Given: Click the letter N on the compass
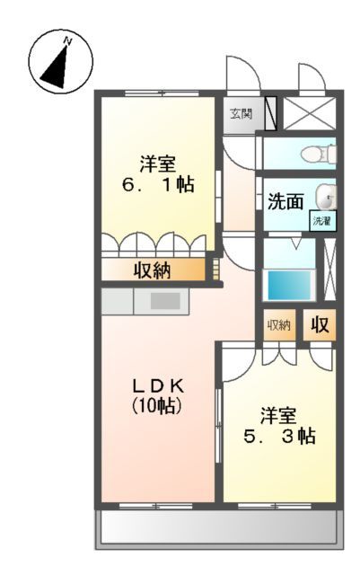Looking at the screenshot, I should pyautogui.click(x=67, y=40).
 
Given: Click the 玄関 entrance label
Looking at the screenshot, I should pyautogui.click(x=240, y=114).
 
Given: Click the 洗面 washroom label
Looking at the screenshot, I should pyautogui.click(x=286, y=201).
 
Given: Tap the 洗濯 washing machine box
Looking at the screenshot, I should pyautogui.click(x=320, y=220).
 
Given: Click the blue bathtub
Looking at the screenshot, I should pyautogui.click(x=288, y=285).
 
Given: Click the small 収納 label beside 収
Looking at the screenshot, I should pyautogui.click(x=279, y=324).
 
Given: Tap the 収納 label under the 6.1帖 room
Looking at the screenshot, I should pyautogui.click(x=152, y=270).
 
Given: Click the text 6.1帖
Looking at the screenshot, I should pyautogui.click(x=158, y=185).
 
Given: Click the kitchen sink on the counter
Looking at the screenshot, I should pyautogui.click(x=162, y=302).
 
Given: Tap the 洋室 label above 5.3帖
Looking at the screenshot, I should pyautogui.click(x=279, y=415).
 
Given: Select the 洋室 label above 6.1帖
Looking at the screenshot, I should pyautogui.click(x=157, y=164).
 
